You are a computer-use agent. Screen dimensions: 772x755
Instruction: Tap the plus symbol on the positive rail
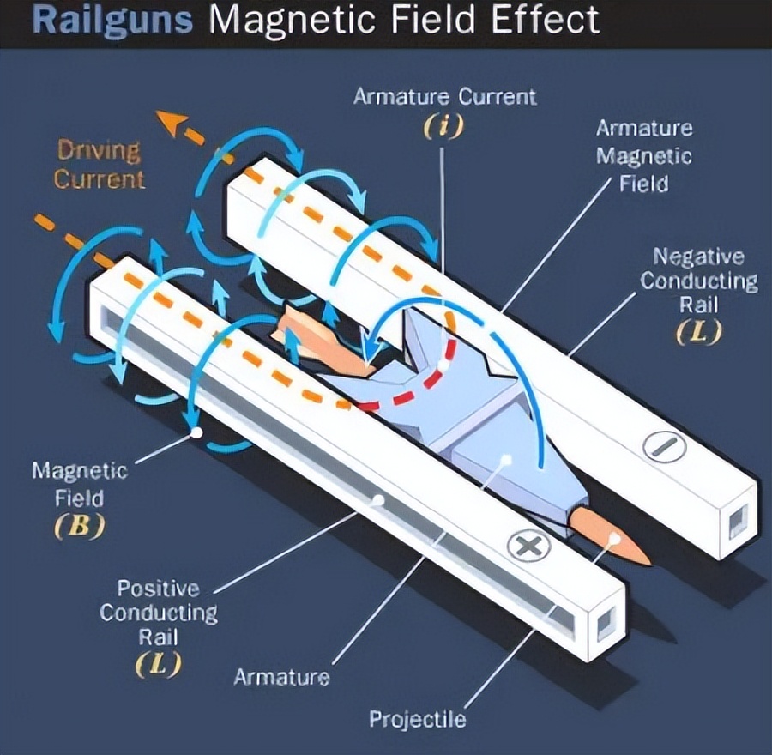[x=528, y=545]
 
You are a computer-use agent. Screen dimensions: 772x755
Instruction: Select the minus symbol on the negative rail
[x=665, y=446]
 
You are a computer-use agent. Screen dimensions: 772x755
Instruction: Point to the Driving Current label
[x=99, y=165]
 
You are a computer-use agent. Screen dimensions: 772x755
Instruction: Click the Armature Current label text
[x=444, y=97]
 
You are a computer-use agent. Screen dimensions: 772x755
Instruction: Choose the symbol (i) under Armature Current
[x=443, y=125]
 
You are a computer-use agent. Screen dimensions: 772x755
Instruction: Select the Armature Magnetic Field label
[x=644, y=156]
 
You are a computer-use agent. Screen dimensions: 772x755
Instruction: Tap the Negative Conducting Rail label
[x=698, y=281]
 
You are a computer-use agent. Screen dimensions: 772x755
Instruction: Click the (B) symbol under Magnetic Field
[x=79, y=526]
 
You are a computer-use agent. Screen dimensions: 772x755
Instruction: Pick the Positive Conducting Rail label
[x=159, y=613]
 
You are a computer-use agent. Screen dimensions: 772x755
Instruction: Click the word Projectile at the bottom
[x=418, y=720]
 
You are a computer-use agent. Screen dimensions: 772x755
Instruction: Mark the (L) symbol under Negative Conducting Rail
[x=698, y=332]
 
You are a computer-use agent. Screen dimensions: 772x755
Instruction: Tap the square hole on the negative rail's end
[x=738, y=522]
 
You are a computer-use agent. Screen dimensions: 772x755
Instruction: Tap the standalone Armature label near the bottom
[x=282, y=677]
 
